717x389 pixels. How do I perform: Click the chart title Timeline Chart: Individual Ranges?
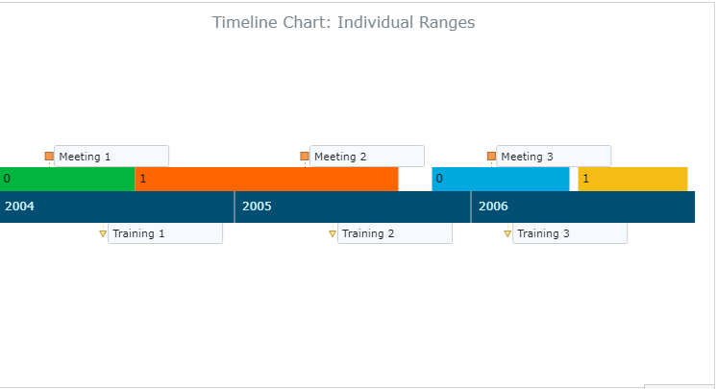point(343,22)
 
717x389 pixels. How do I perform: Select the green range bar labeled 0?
point(67,180)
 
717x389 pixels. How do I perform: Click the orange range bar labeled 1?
point(266,180)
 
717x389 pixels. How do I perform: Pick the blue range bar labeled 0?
point(501,180)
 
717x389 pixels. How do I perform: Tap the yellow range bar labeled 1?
point(632,180)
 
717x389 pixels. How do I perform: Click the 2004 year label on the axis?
point(19,207)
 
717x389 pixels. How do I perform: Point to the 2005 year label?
point(257,207)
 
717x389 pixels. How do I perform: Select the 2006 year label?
point(493,207)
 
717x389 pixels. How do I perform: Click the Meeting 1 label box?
point(111,157)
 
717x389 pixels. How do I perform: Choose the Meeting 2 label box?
point(367,157)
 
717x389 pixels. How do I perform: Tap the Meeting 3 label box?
point(554,157)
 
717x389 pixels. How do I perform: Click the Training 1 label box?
point(165,233)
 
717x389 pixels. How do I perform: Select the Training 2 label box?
point(395,233)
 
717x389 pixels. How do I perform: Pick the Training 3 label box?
point(570,233)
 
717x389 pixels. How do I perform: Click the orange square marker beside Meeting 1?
point(49,157)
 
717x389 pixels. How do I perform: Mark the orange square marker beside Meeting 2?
point(305,157)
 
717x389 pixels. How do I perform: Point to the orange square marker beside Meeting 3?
point(491,157)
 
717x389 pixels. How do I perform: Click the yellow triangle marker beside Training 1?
point(103,234)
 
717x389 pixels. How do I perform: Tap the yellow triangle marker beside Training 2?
point(333,234)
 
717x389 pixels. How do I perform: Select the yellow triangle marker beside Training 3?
point(507,234)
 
